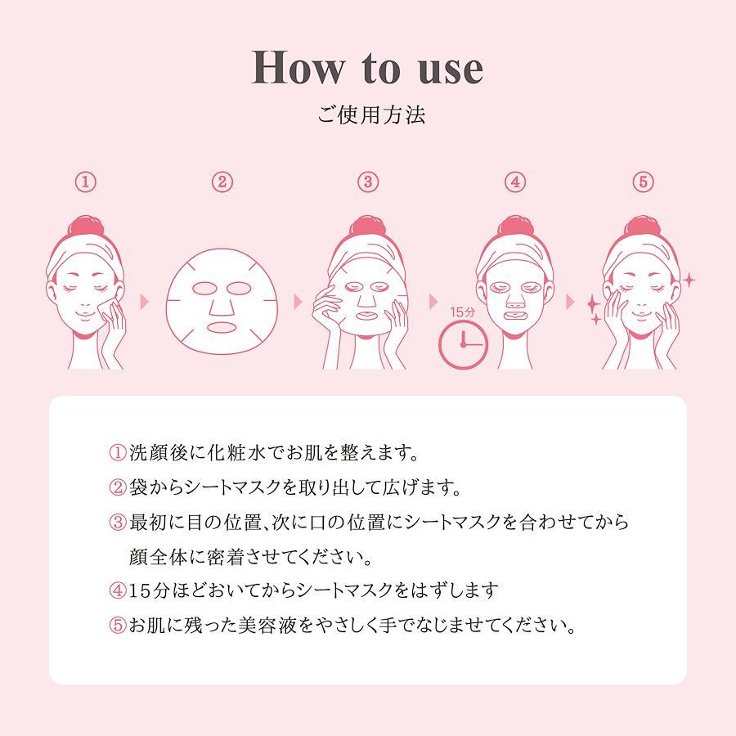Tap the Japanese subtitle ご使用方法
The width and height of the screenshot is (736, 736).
pyautogui.click(x=370, y=114)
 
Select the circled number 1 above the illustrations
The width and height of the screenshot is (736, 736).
pyautogui.click(x=86, y=182)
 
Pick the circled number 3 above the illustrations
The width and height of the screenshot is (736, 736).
pyautogui.click(x=368, y=182)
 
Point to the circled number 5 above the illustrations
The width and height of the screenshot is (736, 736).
pyautogui.click(x=643, y=182)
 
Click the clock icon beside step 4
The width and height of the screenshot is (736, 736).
pyautogui.click(x=463, y=345)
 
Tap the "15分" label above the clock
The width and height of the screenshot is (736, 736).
pyautogui.click(x=462, y=312)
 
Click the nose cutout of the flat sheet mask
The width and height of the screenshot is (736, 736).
pyautogui.click(x=221, y=306)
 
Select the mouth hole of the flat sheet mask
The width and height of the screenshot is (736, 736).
pyautogui.click(x=221, y=327)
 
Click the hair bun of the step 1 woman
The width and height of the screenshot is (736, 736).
pyautogui.click(x=85, y=227)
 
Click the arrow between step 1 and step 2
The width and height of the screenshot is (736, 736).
pyautogui.click(x=145, y=302)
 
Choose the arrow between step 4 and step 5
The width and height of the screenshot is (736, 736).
pyautogui.click(x=570, y=302)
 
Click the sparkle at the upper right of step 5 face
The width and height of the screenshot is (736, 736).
pyautogui.click(x=689, y=280)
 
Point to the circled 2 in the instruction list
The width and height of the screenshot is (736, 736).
pyautogui.click(x=117, y=487)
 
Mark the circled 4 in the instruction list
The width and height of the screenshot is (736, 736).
pyautogui.click(x=117, y=590)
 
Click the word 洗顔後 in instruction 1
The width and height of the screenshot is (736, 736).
pyautogui.click(x=158, y=452)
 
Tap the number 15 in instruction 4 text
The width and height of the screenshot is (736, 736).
pyautogui.click(x=139, y=591)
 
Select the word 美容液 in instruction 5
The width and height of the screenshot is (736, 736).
pyautogui.click(x=267, y=626)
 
